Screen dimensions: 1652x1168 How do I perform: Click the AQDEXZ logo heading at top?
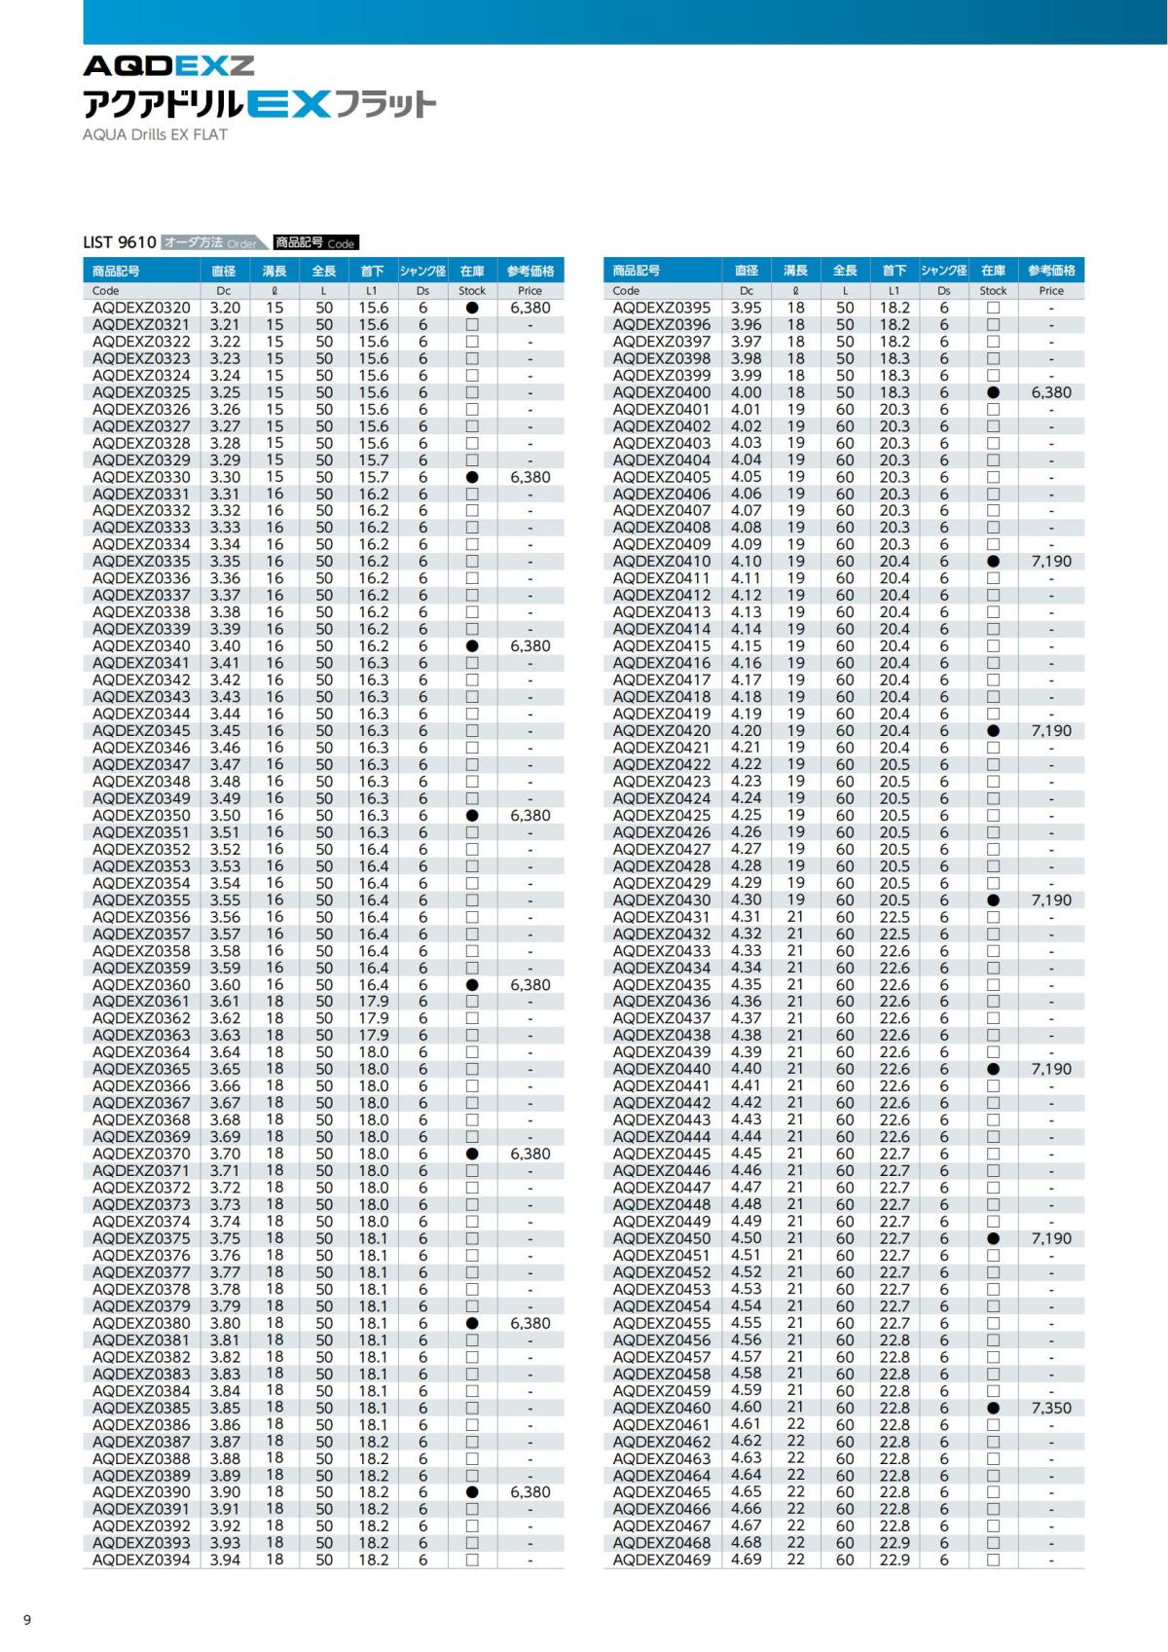coord(168,65)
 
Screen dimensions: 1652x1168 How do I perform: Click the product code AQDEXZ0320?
coord(141,308)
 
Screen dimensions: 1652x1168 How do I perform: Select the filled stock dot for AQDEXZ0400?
coord(993,392)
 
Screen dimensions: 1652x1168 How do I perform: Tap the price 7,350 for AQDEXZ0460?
coord(1051,1408)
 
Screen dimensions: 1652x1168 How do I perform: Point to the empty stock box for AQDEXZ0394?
coord(472,1560)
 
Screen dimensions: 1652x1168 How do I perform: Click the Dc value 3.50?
coord(225,815)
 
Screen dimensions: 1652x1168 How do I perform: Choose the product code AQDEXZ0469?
coord(662,1560)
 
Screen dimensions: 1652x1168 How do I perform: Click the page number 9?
coord(27,1620)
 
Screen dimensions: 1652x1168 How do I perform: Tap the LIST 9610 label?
coord(120,242)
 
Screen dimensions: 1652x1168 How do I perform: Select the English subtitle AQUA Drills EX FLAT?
coord(155,134)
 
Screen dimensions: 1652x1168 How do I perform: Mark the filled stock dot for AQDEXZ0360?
coord(472,984)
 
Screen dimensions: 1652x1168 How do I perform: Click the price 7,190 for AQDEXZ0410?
coord(1051,562)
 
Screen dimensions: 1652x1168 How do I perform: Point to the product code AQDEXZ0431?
coord(662,917)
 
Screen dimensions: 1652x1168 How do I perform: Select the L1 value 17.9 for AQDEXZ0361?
coord(373,1002)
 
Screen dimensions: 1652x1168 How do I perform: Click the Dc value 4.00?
coord(747,392)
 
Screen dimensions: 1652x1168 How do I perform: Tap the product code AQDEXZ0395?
coord(662,308)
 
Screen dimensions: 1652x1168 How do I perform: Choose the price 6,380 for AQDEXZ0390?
coord(530,1492)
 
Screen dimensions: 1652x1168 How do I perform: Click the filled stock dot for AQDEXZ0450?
coord(993,1238)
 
